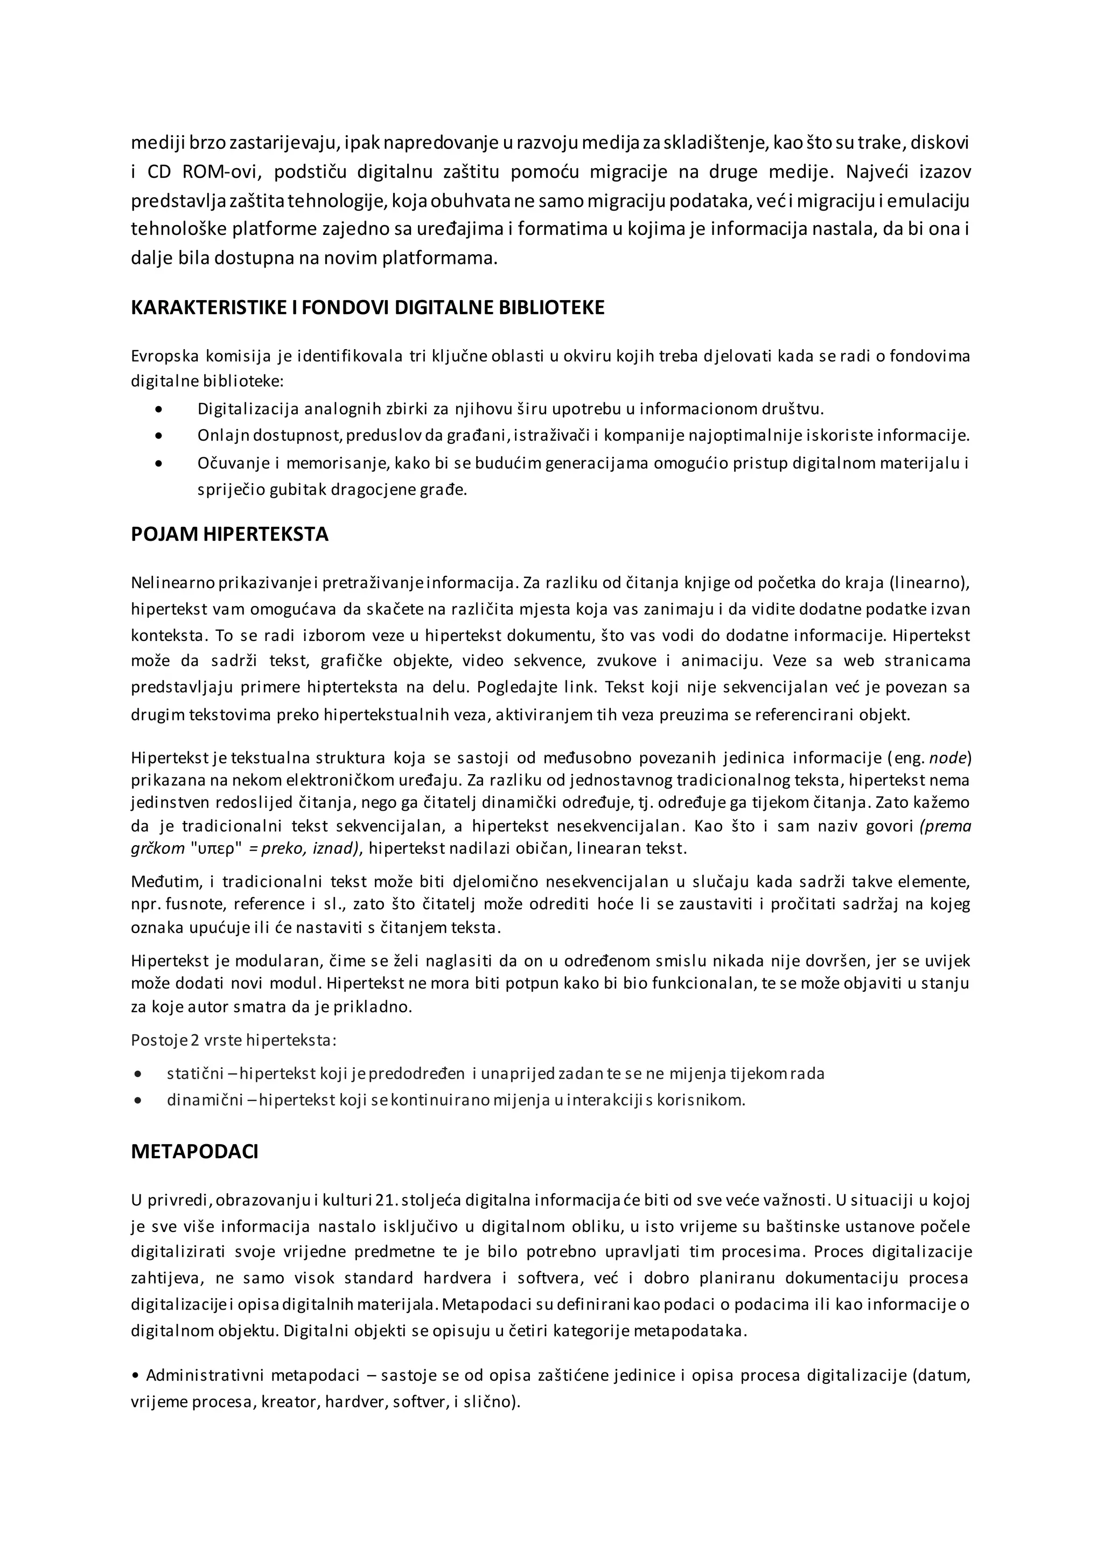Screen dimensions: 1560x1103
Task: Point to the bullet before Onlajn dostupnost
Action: click(159, 436)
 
